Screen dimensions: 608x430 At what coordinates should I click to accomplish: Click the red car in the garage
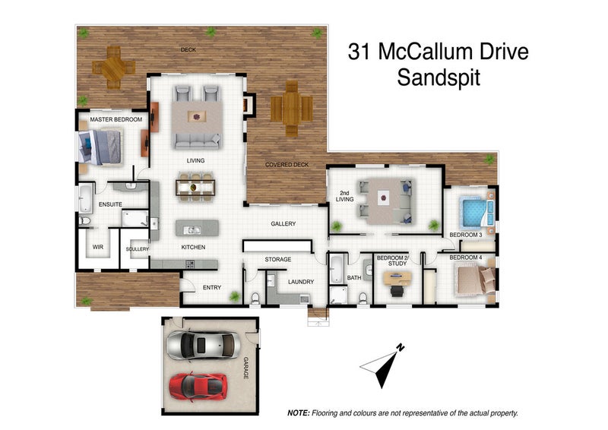198,387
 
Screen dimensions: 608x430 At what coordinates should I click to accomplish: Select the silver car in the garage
203,345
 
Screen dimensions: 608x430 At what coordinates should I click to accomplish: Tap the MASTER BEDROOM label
116,119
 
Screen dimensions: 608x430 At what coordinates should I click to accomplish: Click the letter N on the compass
401,347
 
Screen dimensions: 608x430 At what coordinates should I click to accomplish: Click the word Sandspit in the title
439,77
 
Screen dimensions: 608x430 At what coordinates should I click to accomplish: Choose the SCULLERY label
138,249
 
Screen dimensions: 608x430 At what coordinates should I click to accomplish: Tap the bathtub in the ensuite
86,198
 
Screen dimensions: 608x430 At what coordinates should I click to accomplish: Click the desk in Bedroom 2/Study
397,278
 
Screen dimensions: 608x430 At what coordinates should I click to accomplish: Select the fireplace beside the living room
249,105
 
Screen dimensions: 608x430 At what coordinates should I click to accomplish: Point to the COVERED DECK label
287,165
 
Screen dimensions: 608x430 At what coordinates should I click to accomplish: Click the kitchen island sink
192,230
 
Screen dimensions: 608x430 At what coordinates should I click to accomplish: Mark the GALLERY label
283,223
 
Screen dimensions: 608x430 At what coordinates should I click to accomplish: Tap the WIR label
98,247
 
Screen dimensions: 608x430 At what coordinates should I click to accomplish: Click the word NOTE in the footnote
299,413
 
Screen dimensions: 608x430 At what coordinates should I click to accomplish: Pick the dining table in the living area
195,188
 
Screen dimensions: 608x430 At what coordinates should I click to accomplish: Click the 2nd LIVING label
344,196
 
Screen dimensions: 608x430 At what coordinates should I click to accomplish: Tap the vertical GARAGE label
245,368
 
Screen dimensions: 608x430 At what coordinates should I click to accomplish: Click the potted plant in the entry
235,296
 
